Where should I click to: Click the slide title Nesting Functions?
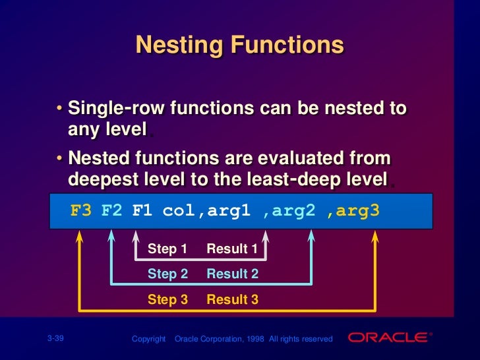[239, 45]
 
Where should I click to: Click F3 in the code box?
[81, 211]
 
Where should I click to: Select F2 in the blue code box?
[112, 211]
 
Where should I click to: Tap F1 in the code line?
[142, 211]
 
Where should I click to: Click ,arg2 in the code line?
[287, 211]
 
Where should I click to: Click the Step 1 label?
[167, 249]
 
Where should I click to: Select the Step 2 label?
[167, 274]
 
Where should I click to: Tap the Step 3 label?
[167, 299]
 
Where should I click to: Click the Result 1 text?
[232, 249]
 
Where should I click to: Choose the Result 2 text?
[232, 274]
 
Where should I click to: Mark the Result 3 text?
[232, 299]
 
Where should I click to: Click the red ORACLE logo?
[388, 338]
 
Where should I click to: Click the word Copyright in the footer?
[148, 339]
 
